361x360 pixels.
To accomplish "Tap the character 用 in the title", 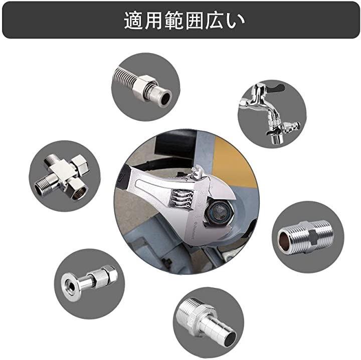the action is (x=153, y=21).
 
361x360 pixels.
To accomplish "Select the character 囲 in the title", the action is (x=195, y=21).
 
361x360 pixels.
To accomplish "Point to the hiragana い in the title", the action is (x=235, y=21).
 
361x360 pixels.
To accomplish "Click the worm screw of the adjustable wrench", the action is (x=181, y=198).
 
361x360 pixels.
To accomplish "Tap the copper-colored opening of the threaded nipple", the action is (x=283, y=241).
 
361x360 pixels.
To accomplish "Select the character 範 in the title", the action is (x=174, y=21).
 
